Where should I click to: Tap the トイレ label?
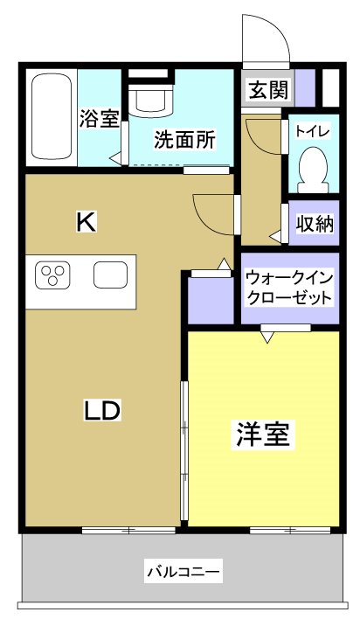[x=312, y=132]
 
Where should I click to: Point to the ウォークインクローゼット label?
[x=289, y=288]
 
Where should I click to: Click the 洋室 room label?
[x=262, y=435]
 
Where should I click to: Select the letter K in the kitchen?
[x=85, y=222]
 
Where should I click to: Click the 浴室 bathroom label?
[x=99, y=119]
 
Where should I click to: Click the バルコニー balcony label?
[x=183, y=573]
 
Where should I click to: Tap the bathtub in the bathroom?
[x=53, y=117]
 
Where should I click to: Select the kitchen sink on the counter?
[x=111, y=277]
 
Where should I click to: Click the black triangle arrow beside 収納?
[x=274, y=236]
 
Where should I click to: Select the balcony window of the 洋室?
[x=288, y=530]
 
